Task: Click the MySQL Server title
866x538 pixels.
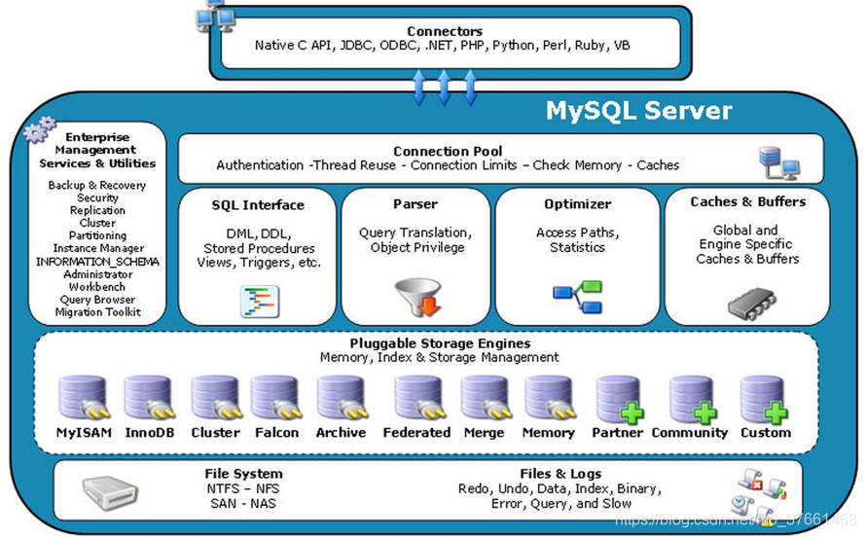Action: pyautogui.click(x=638, y=111)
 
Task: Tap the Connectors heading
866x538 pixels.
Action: pyautogui.click(x=444, y=31)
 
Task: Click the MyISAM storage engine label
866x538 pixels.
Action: pyautogui.click(x=84, y=433)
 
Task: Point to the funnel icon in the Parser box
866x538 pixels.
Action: pyautogui.click(x=416, y=296)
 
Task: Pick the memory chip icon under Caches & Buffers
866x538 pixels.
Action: pyautogui.click(x=751, y=305)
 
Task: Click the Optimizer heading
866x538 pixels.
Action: pyautogui.click(x=577, y=204)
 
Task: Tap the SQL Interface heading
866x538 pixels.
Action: pyautogui.click(x=258, y=205)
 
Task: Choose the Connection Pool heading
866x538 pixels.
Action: pyautogui.click(x=448, y=151)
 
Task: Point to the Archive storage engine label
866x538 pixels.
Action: pyautogui.click(x=341, y=433)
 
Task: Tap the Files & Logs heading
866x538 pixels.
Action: pyautogui.click(x=560, y=474)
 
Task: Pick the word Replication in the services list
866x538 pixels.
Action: pyautogui.click(x=97, y=210)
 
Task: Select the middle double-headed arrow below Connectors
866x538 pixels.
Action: pyautogui.click(x=445, y=88)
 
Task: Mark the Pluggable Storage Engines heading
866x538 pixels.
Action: pyautogui.click(x=440, y=343)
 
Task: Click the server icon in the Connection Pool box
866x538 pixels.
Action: pyautogui.click(x=778, y=161)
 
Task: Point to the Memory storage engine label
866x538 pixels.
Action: pyautogui.click(x=548, y=433)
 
